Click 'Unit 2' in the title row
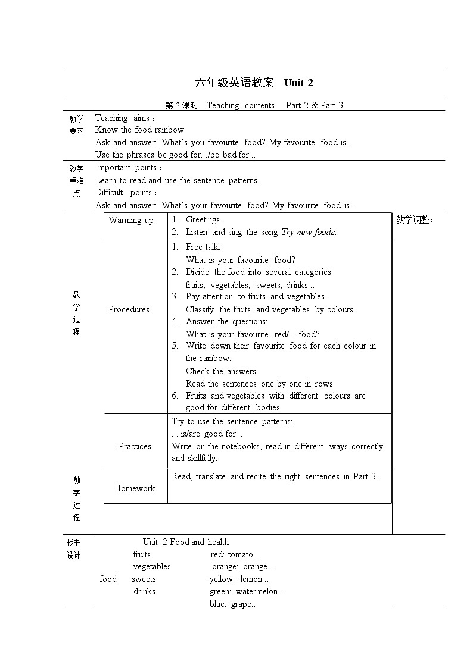[x=298, y=83]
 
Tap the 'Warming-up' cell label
[x=131, y=220]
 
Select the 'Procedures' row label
[x=129, y=309]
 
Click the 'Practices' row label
[x=135, y=446]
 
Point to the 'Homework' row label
[x=135, y=488]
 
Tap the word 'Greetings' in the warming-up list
[x=203, y=220]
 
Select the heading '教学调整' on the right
[x=415, y=220]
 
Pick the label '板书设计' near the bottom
[x=73, y=548]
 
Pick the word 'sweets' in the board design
[x=144, y=579]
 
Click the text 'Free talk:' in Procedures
[x=203, y=247]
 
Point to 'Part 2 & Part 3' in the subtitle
[x=314, y=105]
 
